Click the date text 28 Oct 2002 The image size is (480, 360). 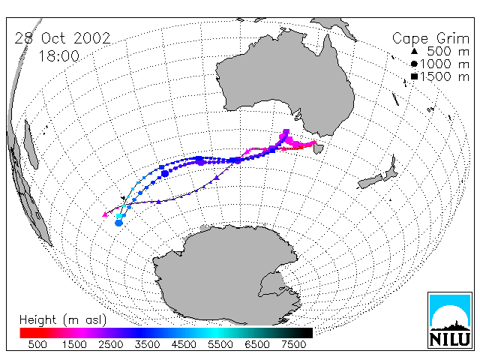[62, 38]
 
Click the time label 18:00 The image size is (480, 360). [59, 56]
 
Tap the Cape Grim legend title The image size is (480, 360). [430, 39]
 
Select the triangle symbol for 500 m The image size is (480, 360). [414, 52]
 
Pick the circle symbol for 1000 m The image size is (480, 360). [414, 64]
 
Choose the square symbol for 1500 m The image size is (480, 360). [414, 76]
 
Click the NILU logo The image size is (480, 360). [450, 320]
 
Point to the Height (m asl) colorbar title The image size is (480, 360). [63, 320]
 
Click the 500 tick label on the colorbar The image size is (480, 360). [37, 344]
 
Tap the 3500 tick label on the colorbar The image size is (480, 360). [147, 344]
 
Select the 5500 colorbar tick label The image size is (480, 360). [220, 344]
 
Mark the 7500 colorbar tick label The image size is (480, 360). [293, 344]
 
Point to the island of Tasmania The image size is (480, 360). [318, 148]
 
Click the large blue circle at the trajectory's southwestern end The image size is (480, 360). [118, 223]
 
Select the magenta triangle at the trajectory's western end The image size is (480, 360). [105, 214]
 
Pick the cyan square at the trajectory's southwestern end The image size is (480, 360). [119, 216]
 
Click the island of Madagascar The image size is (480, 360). [31, 145]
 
